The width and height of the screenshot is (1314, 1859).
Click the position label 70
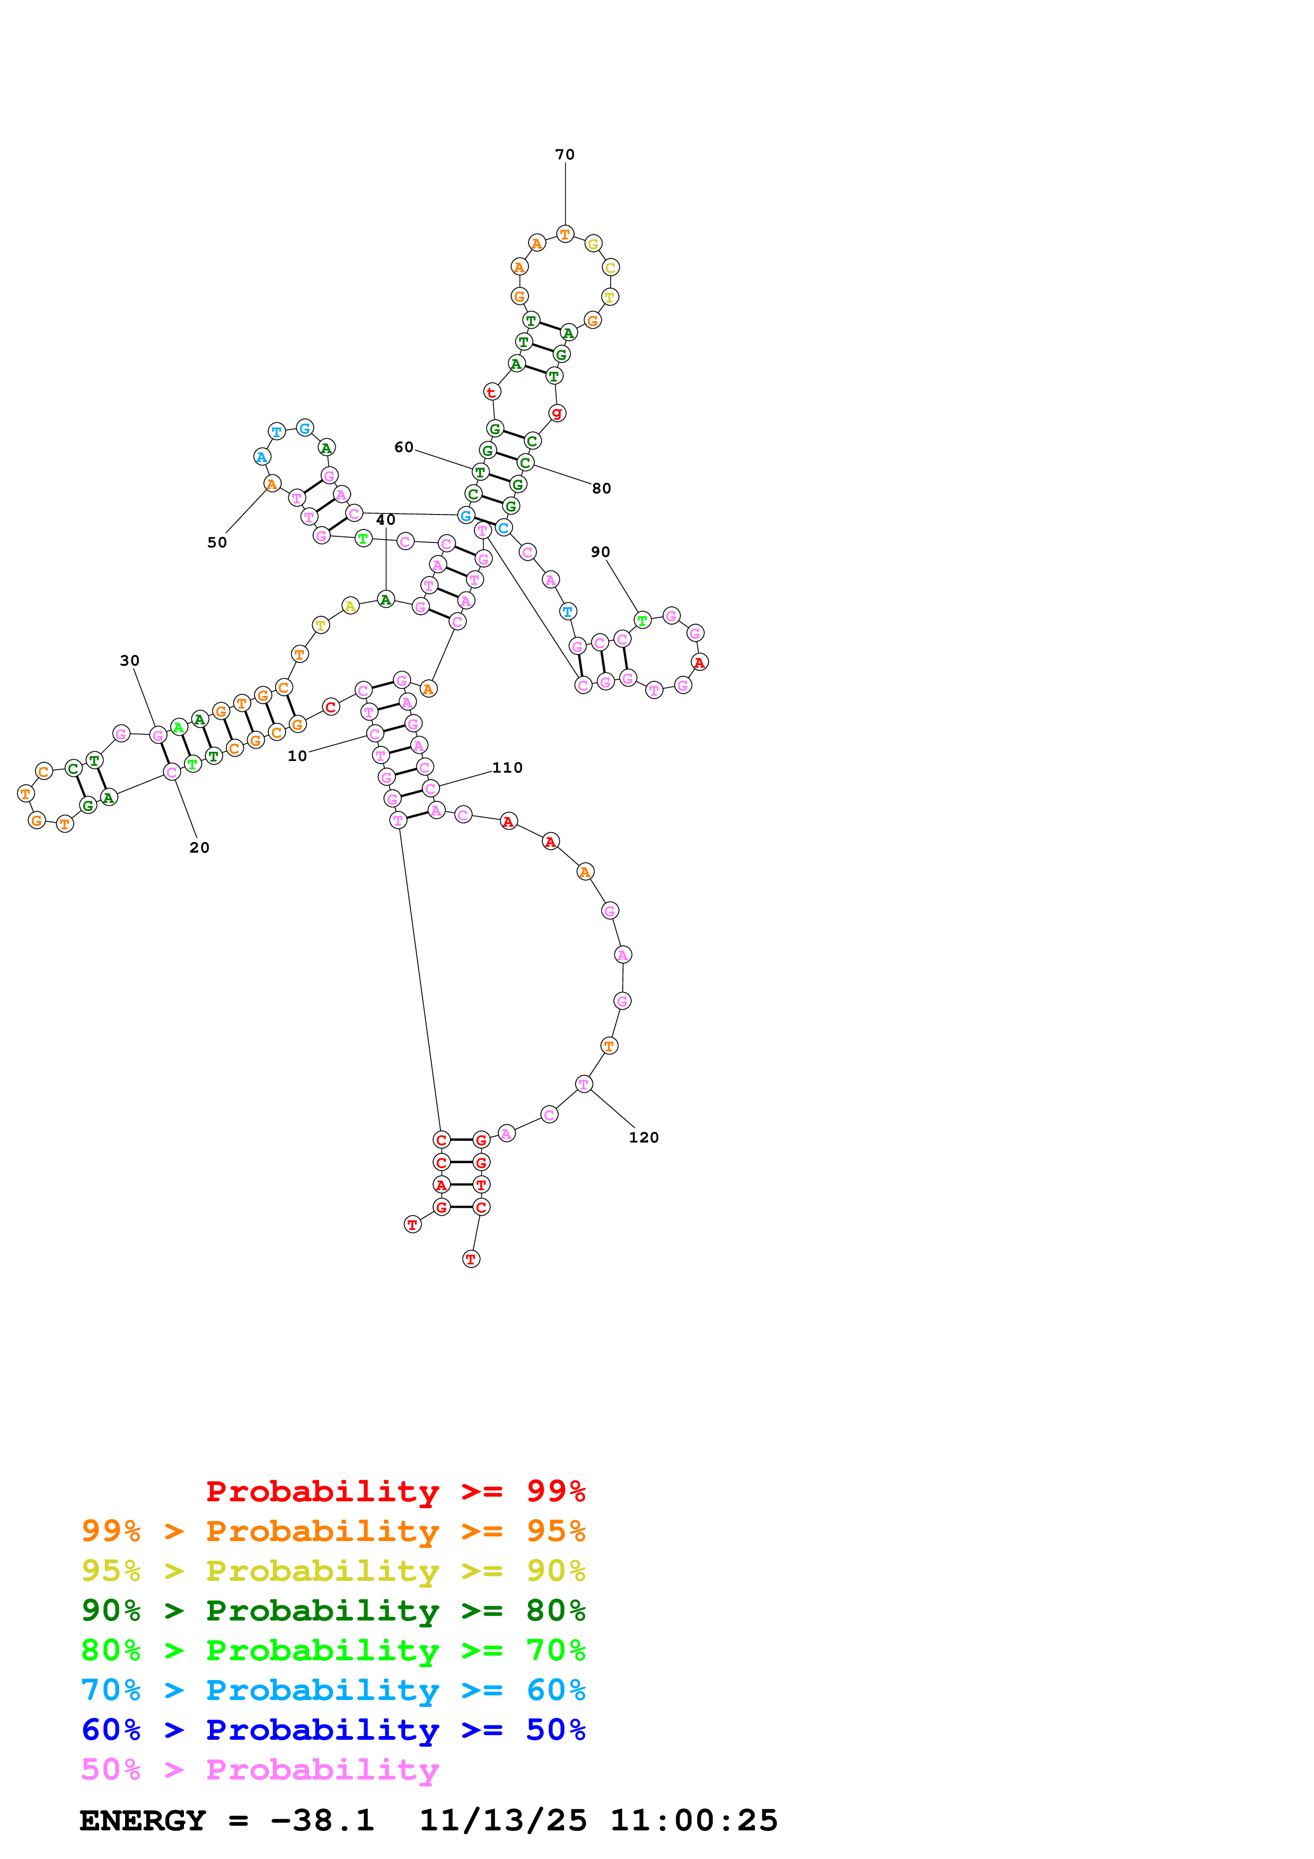pyautogui.click(x=565, y=155)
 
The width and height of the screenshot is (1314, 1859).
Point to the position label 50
pyautogui.click(x=217, y=543)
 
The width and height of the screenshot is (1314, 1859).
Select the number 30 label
pyautogui.click(x=129, y=661)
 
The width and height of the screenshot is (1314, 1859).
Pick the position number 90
pyautogui.click(x=600, y=552)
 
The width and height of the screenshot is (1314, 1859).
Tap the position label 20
pyautogui.click(x=199, y=848)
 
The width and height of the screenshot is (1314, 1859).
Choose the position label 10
pyautogui.click(x=297, y=756)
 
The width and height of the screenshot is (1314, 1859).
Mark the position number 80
pyautogui.click(x=602, y=488)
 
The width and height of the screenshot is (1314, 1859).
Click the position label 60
pyautogui.click(x=403, y=448)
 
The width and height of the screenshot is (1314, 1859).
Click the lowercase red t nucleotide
pyautogui.click(x=491, y=392)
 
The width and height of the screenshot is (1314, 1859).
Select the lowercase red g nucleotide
pyautogui.click(x=557, y=413)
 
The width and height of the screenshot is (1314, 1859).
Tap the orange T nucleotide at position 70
pyautogui.click(x=565, y=235)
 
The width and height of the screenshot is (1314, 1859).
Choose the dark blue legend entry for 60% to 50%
pyautogui.click(x=333, y=1730)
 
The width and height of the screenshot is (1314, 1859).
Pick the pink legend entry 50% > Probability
pyautogui.click(x=260, y=1770)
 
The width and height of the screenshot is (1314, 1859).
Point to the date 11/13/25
pyautogui.click(x=503, y=1821)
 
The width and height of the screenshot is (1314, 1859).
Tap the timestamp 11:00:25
pyautogui.click(x=694, y=1821)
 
